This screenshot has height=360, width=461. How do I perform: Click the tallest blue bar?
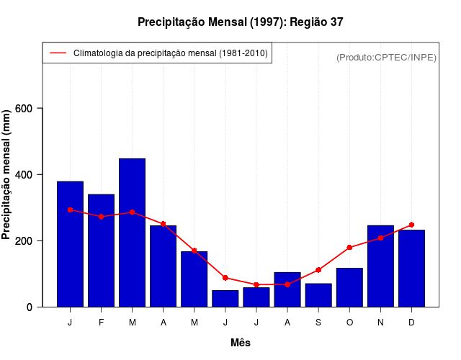pos(132,233)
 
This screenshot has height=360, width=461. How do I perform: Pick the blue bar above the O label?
pos(349,287)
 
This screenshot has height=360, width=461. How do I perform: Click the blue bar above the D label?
pos(411,269)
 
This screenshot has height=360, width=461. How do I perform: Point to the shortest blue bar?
pos(225,299)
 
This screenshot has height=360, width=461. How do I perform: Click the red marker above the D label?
pos(411,225)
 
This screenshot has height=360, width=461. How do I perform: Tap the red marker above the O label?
pos(349,248)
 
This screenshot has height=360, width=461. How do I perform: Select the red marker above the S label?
pos(318,270)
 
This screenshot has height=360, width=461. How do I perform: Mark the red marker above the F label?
pos(101,216)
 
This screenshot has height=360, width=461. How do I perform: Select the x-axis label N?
pos(380,323)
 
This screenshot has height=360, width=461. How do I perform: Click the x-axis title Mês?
pos(241,343)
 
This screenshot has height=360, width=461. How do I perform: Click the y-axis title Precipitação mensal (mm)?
pos(8,175)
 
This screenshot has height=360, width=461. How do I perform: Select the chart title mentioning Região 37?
pos(241,22)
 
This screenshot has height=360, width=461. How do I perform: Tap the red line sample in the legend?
pos(58,53)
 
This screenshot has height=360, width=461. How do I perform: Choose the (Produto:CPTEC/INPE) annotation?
pos(386,57)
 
